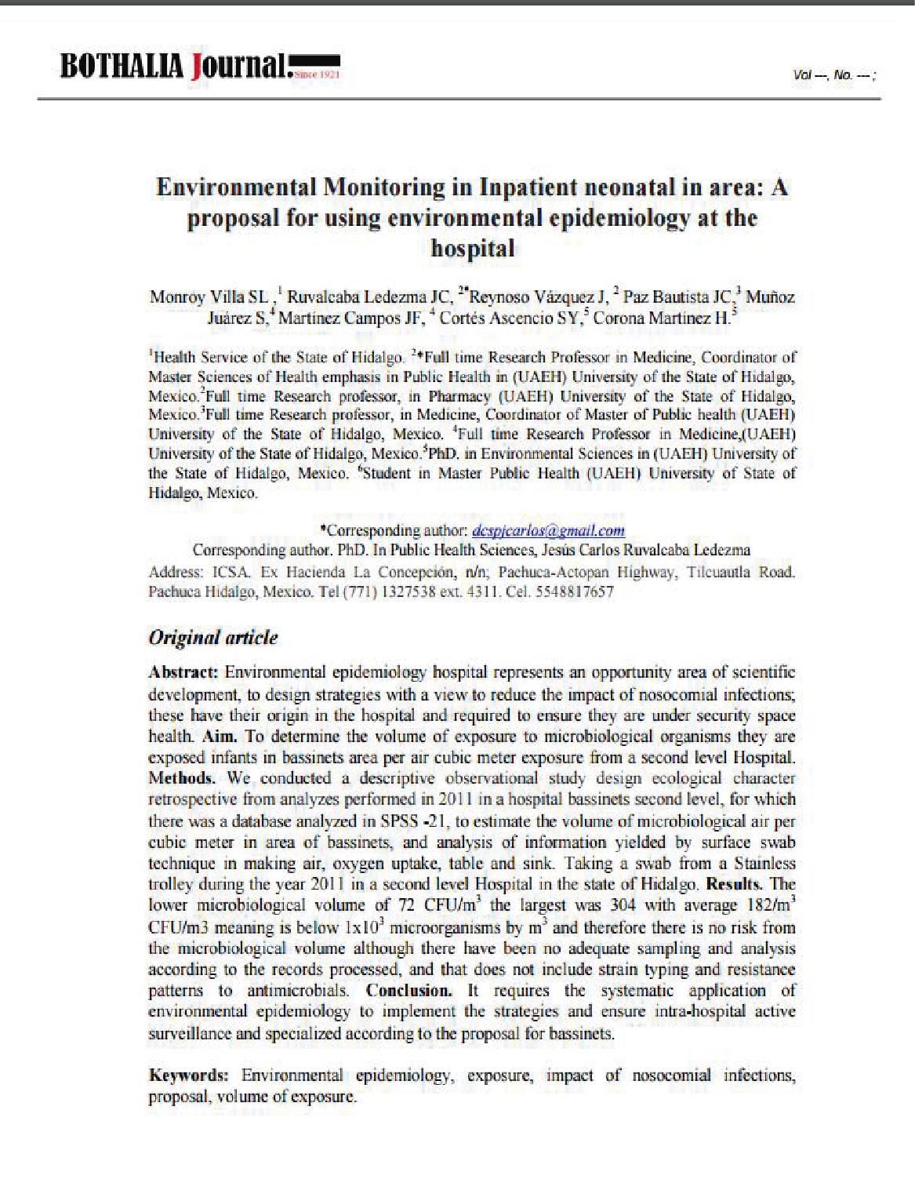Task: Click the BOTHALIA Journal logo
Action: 200,68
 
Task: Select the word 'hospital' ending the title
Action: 473,249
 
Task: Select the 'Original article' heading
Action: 213,637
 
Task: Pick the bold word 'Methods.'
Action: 182,779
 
